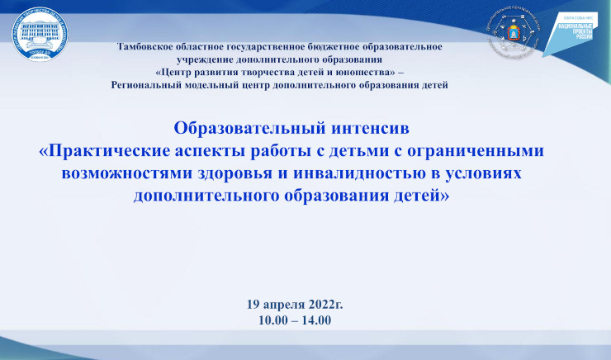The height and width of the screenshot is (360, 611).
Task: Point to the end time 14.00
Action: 316,319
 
